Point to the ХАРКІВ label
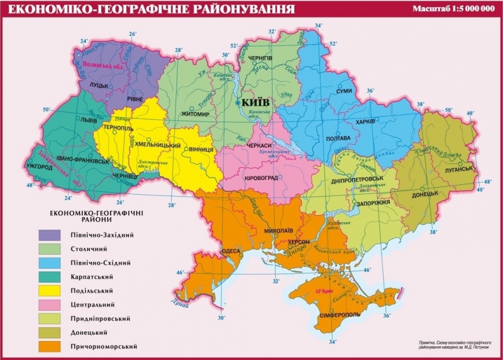365,121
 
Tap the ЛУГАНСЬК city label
455,169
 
